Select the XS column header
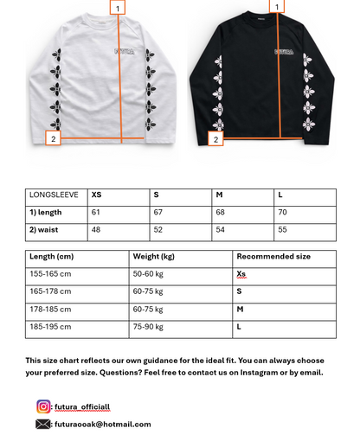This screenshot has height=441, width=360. point(97,195)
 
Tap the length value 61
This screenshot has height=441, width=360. point(96,213)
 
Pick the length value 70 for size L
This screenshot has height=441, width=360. point(283,213)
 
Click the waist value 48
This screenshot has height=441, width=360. point(96,231)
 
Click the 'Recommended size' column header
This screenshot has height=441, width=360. point(273,257)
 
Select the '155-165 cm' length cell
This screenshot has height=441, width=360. point(50,274)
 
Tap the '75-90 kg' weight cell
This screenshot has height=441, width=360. point(149,328)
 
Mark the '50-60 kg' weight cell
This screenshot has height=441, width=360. point(149,274)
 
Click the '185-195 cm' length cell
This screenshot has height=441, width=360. point(50,328)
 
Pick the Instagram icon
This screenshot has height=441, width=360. point(43,406)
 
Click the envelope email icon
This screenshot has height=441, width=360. point(43,424)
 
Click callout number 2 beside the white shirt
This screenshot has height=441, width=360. point(53,137)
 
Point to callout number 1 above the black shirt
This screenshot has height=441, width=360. point(278,6)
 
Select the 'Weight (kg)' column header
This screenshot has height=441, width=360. point(154,257)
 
